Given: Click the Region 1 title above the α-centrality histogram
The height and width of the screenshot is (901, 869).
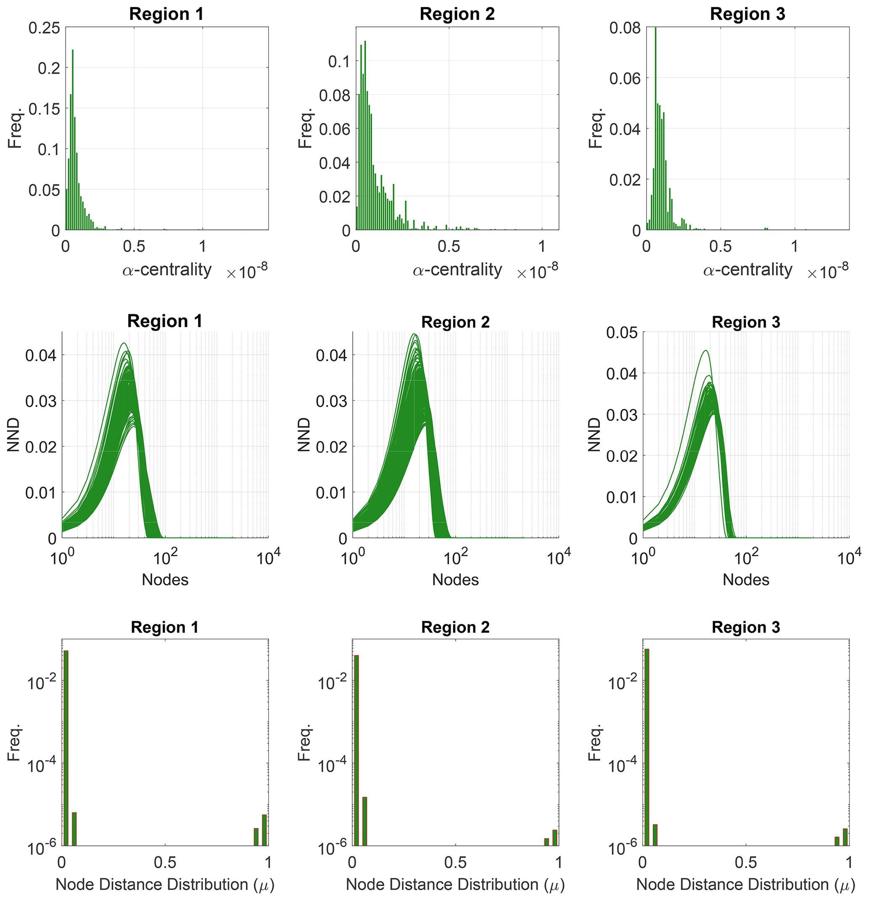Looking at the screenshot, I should click(x=166, y=14).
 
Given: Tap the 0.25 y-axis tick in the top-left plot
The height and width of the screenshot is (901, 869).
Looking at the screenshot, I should click(x=45, y=28).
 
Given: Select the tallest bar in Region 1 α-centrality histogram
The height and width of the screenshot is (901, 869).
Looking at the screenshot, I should click(x=73, y=138).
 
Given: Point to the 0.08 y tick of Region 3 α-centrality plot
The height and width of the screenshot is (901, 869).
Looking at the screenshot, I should click(x=625, y=28).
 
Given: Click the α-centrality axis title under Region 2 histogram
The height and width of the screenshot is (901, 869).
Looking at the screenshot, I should click(x=457, y=270).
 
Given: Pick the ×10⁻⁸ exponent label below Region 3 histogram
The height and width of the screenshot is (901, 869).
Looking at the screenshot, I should click(x=828, y=272).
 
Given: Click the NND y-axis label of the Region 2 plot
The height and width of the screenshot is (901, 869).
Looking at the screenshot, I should click(x=304, y=434).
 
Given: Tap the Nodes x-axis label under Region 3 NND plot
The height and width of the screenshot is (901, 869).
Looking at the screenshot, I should click(x=746, y=580).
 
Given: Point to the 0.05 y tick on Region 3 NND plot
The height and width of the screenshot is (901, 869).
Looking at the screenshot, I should click(x=622, y=333).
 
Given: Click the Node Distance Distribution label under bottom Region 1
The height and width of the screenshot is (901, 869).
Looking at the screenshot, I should click(x=165, y=885).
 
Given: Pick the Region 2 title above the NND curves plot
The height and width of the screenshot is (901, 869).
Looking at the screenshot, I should click(x=455, y=322).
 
